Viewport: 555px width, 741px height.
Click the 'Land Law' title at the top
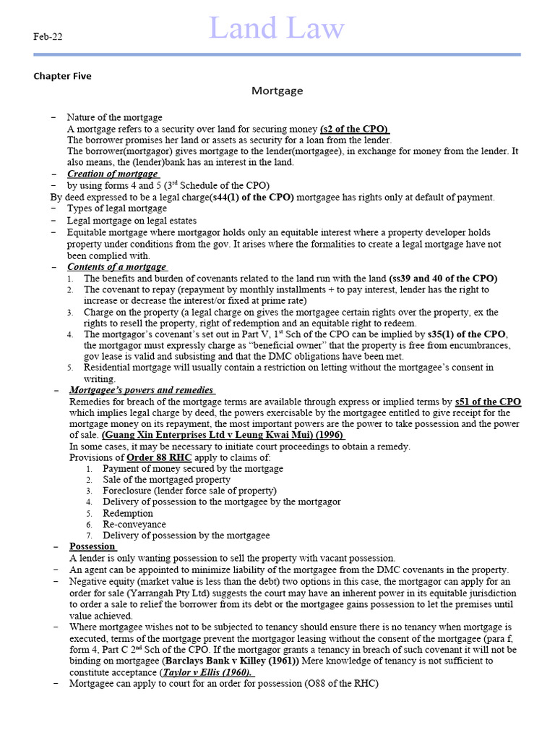coord(277,29)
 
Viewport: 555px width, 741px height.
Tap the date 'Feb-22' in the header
coord(48,37)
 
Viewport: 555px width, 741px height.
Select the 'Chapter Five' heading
coord(62,76)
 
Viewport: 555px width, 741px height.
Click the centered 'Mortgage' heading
coord(277,91)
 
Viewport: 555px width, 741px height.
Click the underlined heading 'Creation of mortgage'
coord(113,174)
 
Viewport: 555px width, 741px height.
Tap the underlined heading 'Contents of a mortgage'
coord(117,267)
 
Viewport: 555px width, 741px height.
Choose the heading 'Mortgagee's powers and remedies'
coord(142,390)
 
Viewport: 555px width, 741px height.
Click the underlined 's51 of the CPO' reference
coord(488,402)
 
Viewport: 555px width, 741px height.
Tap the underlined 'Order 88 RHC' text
coord(154,457)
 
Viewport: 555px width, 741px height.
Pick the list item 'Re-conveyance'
coord(134,524)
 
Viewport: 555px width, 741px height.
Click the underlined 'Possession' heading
coord(92,546)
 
